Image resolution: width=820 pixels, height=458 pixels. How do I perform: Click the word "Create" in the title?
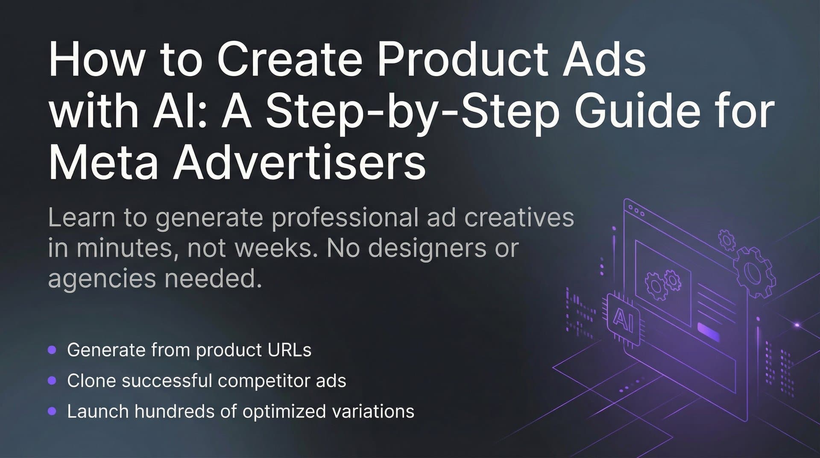[x=290, y=60]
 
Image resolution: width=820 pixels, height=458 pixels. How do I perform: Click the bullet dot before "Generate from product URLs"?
[x=52, y=350]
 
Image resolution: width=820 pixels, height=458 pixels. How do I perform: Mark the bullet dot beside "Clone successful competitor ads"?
[x=52, y=380]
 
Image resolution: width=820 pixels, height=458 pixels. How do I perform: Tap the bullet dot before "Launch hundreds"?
[x=52, y=411]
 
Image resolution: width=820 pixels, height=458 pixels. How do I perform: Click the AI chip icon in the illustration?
[x=623, y=319]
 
